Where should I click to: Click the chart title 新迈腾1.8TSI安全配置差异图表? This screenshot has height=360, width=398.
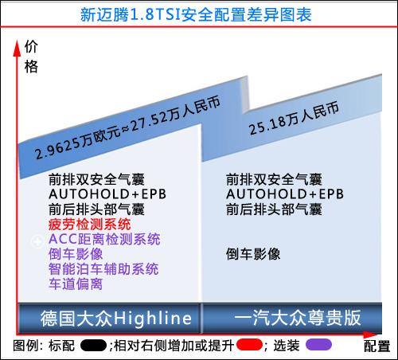(x=196, y=14)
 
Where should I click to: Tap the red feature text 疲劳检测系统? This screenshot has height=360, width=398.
(x=90, y=225)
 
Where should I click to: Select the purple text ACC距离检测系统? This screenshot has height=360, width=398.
(x=104, y=239)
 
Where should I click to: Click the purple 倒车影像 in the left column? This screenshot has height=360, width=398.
(x=76, y=254)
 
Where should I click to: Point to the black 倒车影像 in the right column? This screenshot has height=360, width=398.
(x=253, y=254)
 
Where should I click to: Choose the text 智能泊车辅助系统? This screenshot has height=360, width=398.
(x=103, y=269)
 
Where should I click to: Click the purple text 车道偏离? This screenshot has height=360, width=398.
(x=76, y=284)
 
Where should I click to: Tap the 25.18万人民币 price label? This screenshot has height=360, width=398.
(x=294, y=118)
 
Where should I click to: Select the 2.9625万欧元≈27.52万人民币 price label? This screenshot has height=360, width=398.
(x=127, y=128)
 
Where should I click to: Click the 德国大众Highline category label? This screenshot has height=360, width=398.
(x=116, y=318)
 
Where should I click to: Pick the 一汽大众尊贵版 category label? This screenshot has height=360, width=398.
(x=297, y=318)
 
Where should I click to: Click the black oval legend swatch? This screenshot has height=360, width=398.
(x=93, y=346)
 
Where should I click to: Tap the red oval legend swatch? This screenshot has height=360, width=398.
(x=249, y=345)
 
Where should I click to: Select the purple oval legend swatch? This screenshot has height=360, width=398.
(x=318, y=345)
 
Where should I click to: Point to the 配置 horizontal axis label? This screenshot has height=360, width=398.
(x=377, y=346)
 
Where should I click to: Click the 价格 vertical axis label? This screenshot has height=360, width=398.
(x=31, y=57)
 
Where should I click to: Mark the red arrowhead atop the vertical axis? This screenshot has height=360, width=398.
(x=17, y=48)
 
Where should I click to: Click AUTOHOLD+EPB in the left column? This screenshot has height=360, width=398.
(x=107, y=194)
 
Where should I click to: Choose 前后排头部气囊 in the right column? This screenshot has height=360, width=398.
(x=274, y=209)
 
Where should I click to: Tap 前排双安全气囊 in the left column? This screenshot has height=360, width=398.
(x=96, y=179)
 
